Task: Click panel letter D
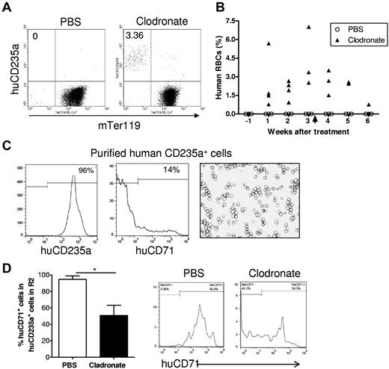pos(6,267)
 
